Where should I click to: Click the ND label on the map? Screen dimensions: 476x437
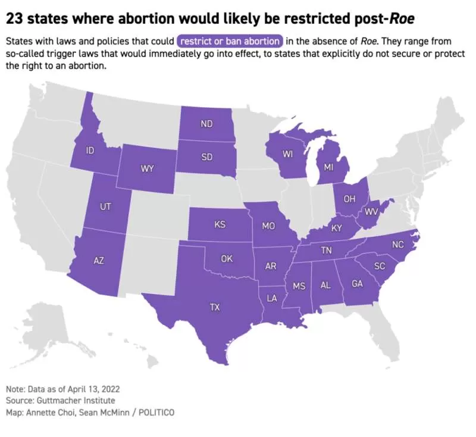click(206, 124)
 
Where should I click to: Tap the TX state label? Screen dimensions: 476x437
click(215, 307)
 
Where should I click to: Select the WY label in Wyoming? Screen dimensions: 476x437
click(147, 168)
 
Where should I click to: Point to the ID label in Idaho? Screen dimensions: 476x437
click(90, 150)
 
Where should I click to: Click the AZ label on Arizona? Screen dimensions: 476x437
click(99, 260)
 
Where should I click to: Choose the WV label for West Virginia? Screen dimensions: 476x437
click(371, 211)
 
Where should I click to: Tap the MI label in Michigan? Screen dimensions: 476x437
click(328, 167)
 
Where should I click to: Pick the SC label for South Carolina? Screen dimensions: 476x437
click(380, 266)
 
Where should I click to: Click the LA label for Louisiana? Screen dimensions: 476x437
click(272, 298)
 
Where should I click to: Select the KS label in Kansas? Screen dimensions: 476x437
click(220, 224)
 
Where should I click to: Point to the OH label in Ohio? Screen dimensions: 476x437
click(349, 199)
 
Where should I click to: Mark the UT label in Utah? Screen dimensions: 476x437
click(105, 207)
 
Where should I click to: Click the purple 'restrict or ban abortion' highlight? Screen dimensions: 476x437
click(230, 41)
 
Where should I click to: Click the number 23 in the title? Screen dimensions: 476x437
click(15, 19)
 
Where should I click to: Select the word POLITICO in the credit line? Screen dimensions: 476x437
click(156, 413)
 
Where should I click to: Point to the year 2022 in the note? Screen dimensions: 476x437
click(111, 389)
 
